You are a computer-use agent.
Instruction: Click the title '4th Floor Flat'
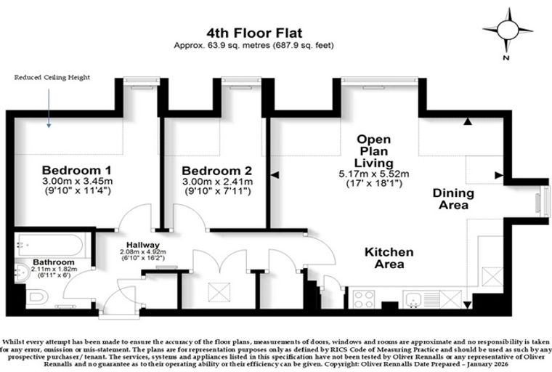tap(254, 33)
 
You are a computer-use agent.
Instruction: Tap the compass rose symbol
tap(508, 31)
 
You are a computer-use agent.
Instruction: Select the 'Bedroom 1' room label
tap(77, 170)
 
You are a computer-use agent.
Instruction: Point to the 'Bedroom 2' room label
tap(217, 171)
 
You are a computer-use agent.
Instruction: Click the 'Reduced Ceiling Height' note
tap(52, 78)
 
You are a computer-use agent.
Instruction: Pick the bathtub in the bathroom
tap(51, 245)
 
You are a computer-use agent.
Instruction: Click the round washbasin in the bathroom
tap(23, 272)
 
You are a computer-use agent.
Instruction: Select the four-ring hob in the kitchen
tap(364, 299)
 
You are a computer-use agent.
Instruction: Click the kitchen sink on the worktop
tap(413, 299)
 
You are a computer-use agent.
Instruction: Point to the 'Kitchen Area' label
tap(389, 258)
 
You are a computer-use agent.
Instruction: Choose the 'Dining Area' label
tap(453, 199)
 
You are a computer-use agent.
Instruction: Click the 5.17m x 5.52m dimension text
tap(374, 174)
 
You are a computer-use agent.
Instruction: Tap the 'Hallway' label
tap(143, 245)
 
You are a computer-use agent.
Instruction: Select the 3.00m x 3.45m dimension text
tap(78, 182)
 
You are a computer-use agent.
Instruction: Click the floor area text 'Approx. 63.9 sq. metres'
tap(222, 45)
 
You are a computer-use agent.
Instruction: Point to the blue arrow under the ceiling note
tap(49, 108)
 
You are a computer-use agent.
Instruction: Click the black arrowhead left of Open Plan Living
tap(275, 174)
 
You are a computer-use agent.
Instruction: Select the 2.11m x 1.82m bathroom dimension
tap(54, 269)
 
